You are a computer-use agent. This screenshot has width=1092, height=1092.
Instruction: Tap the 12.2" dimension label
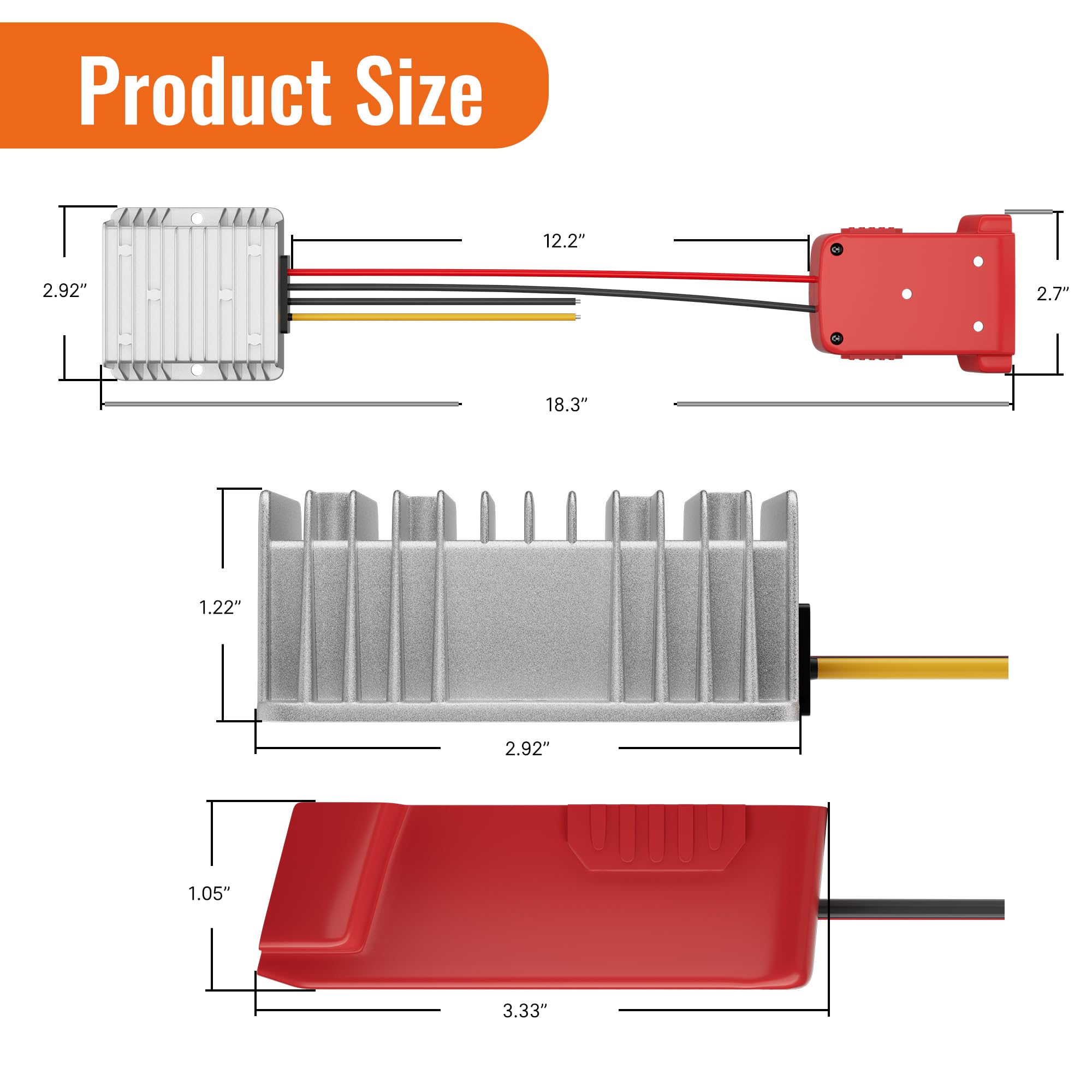point(563,241)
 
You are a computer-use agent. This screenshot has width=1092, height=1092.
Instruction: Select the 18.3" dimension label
point(566,405)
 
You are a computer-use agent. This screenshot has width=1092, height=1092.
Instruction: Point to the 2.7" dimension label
point(1053,293)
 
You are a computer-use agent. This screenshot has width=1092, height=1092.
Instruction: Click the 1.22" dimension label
point(220,607)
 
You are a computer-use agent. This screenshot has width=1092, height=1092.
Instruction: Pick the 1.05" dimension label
point(209,893)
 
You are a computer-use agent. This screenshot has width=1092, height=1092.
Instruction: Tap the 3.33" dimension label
point(525,1010)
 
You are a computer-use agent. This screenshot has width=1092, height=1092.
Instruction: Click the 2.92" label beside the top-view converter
point(65,290)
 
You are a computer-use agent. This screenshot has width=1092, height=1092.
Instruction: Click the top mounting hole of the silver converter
point(196,218)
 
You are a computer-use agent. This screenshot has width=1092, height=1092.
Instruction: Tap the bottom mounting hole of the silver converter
point(196,370)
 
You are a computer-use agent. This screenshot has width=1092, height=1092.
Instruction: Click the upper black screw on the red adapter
point(837,250)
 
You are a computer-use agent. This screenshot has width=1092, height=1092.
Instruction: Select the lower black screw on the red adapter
point(837,338)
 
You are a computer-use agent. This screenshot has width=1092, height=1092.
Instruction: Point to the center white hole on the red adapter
point(906,294)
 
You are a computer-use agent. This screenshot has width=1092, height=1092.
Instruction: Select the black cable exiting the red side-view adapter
point(910,909)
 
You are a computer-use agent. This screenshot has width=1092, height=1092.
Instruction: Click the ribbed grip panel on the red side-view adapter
point(656,836)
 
